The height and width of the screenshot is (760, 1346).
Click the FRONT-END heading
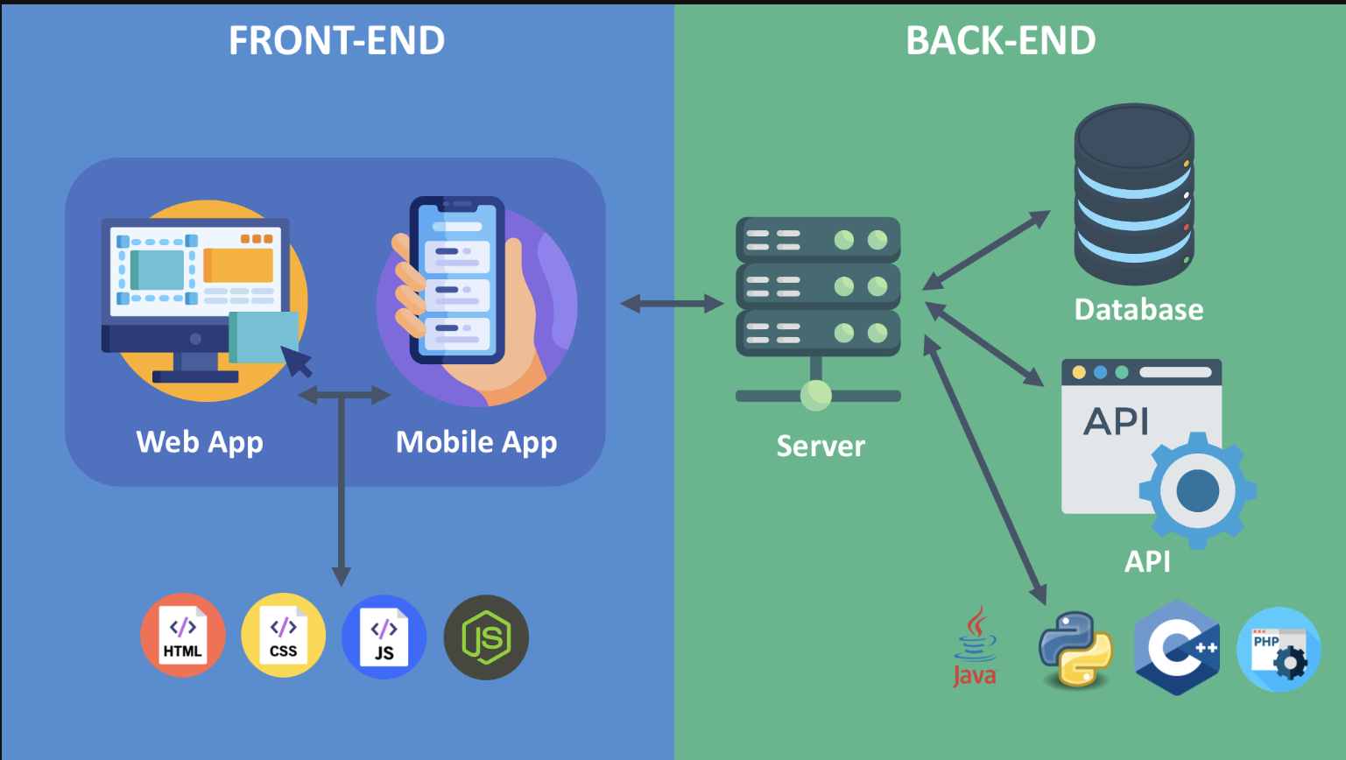coord(336,40)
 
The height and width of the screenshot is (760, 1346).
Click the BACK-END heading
coord(1000,40)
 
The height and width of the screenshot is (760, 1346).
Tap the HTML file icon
coord(182,637)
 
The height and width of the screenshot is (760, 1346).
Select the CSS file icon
coord(283,637)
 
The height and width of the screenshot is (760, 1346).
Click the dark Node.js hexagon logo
coord(486,637)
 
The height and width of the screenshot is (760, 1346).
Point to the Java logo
coord(975,649)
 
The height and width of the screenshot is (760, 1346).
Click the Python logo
coord(1075,649)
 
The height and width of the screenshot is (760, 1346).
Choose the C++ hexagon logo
coord(1177,648)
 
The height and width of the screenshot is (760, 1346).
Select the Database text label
coord(1138,309)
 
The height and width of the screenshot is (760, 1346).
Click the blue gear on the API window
coord(1197,489)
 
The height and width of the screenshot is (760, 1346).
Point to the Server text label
coord(821,446)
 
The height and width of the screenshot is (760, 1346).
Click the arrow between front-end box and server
coord(672,304)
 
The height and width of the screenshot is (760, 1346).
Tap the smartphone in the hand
coord(457,280)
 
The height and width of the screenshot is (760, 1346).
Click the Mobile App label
coord(476,442)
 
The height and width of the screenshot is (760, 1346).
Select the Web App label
coord(200,442)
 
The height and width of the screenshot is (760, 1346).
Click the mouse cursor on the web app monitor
coord(298,360)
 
